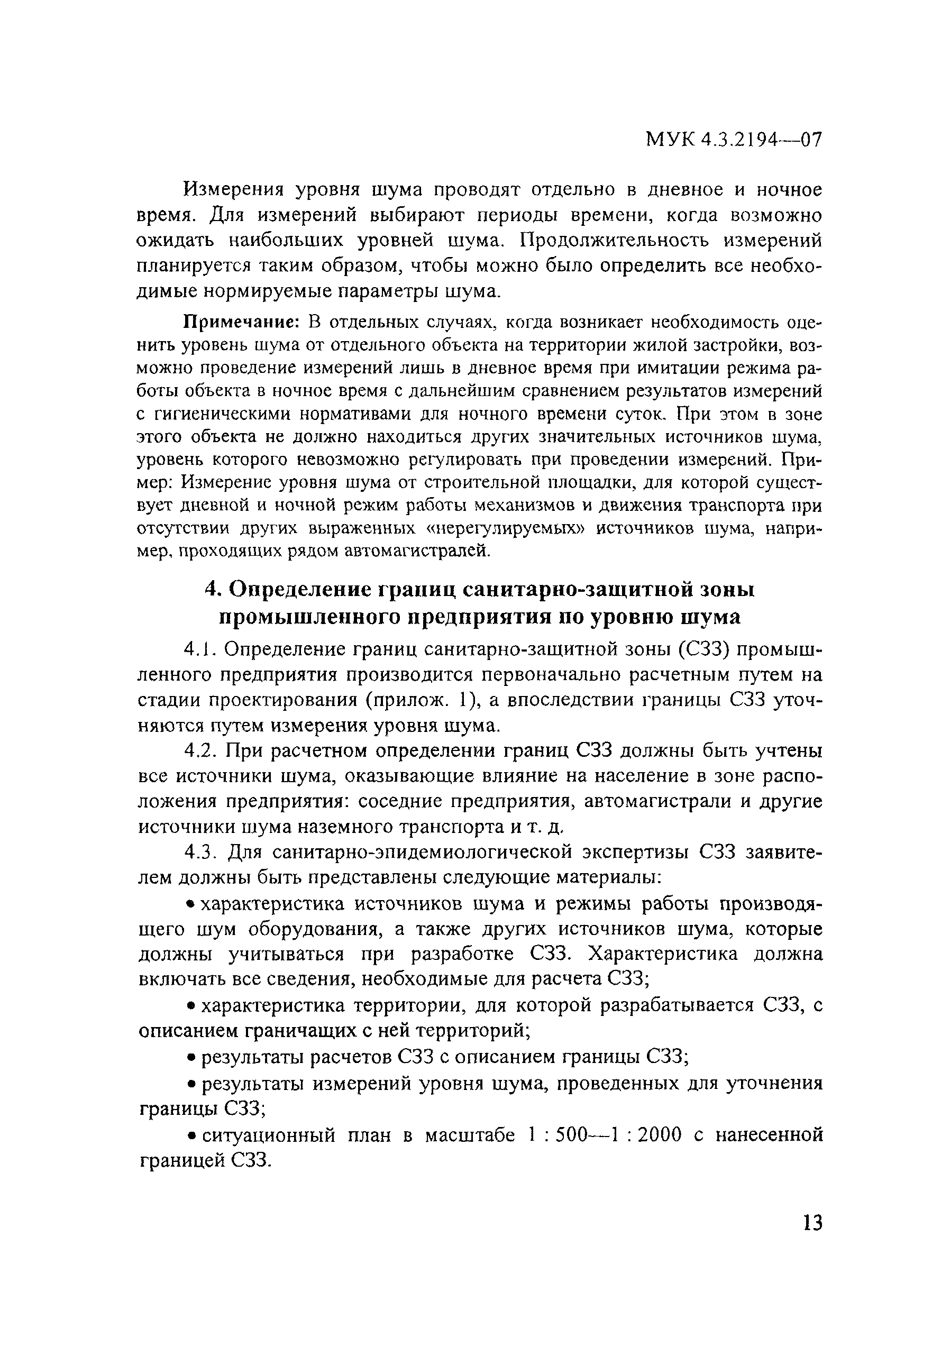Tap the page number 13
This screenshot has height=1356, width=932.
point(812,1222)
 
